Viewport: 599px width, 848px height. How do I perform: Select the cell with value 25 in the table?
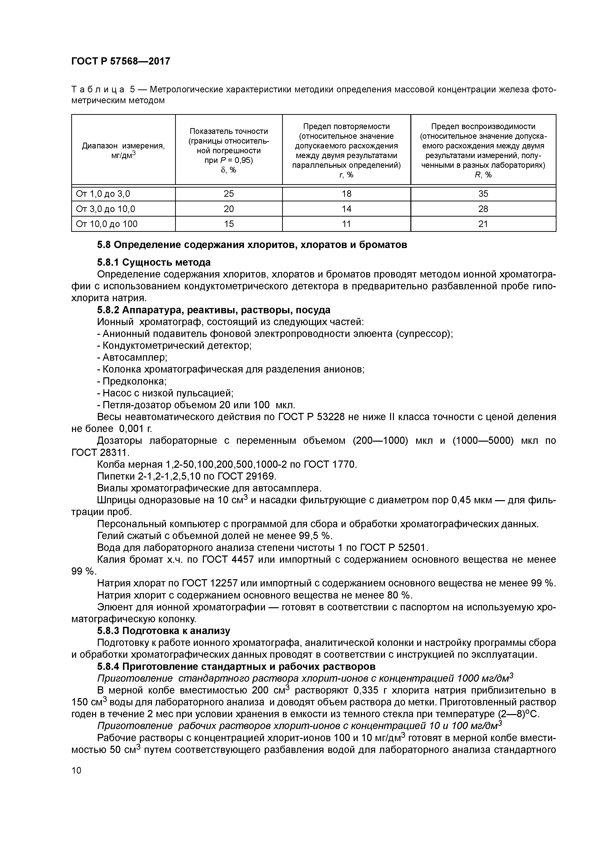228,194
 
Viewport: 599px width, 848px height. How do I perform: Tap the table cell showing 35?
483,194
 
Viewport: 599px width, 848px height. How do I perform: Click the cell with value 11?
346,224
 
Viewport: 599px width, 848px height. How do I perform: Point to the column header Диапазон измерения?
123,146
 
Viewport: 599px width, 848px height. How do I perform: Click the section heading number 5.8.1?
108,262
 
